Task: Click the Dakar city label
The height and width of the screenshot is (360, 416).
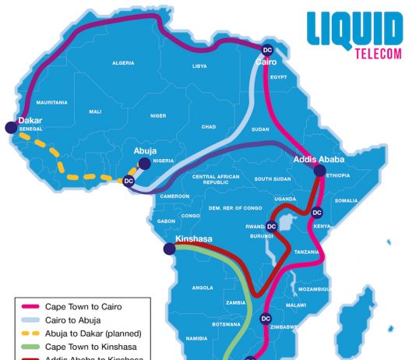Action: coord(30,121)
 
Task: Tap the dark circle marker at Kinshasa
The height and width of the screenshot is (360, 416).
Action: coord(169,249)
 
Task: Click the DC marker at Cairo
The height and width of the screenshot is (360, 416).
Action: coord(267,48)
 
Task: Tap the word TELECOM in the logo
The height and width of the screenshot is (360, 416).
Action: coord(376,56)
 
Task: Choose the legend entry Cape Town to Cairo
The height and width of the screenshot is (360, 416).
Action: coord(79,306)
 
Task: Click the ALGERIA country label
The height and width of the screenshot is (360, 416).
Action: coord(125,62)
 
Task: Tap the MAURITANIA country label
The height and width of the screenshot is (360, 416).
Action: coord(52,102)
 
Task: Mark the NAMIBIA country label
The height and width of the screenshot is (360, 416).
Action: coord(196,338)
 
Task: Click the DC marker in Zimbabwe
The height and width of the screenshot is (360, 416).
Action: coord(266,317)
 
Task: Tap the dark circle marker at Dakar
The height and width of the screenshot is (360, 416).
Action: coord(11,127)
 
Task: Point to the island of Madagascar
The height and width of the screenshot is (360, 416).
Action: coord(358,312)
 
